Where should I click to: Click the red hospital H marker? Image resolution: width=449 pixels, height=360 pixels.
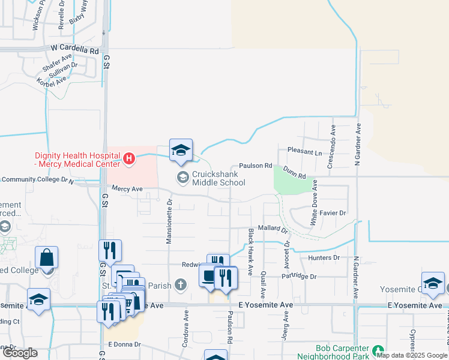(128, 159)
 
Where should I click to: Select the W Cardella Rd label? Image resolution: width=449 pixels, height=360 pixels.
(75, 50)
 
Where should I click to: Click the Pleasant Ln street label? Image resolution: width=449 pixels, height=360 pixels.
(304, 151)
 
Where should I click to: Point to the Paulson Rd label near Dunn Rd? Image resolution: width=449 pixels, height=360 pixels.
(256, 166)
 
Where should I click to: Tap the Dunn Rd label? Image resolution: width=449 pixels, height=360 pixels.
(295, 173)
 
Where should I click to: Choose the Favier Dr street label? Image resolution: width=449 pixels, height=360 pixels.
(333, 213)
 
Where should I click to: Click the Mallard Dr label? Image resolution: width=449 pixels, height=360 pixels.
(273, 229)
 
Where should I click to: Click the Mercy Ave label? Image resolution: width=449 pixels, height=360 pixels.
(127, 188)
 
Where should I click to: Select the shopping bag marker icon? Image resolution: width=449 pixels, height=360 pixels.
(46, 259)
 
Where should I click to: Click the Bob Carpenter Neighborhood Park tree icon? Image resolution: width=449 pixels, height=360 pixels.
(378, 350)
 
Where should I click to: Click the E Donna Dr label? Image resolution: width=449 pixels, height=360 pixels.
(124, 344)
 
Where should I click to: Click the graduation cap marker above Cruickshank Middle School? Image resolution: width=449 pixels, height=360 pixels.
(181, 151)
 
